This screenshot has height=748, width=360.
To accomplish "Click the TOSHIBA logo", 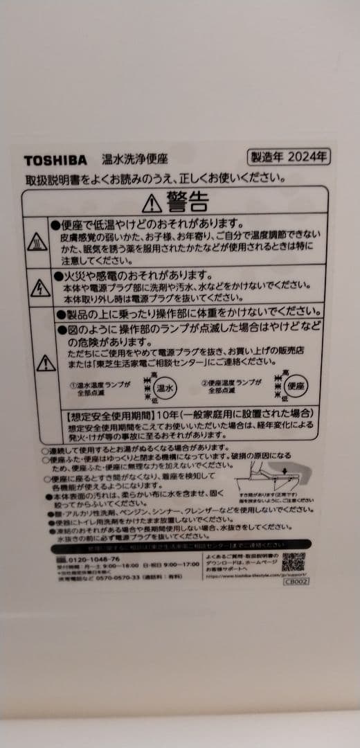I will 55,160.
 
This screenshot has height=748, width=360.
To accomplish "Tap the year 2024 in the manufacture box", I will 305,157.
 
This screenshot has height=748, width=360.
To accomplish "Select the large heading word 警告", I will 187,202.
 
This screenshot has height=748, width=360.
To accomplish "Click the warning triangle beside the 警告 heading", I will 152,203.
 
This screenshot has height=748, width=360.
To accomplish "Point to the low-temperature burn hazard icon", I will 37,242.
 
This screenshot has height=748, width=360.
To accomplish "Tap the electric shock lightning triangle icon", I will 40,287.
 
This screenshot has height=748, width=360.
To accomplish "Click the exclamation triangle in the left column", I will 46,362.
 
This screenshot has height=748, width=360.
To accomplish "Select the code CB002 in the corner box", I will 296,581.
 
